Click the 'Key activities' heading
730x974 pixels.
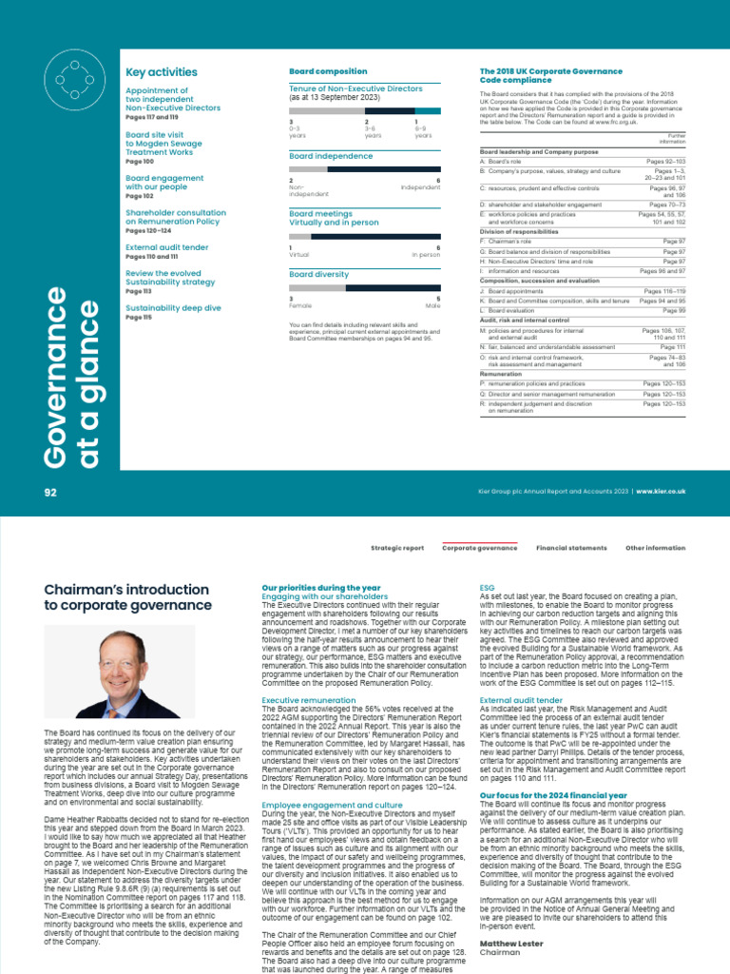162,72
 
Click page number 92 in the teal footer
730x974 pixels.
51,492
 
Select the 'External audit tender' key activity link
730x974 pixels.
166,247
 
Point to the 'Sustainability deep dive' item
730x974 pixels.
173,308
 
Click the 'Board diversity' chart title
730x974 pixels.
318,274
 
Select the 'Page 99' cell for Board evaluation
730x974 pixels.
674,311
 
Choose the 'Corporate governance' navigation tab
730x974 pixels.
480,549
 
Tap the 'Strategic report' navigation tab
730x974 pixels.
397,549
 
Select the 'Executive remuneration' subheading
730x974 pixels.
309,700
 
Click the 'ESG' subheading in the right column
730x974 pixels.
487,589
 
